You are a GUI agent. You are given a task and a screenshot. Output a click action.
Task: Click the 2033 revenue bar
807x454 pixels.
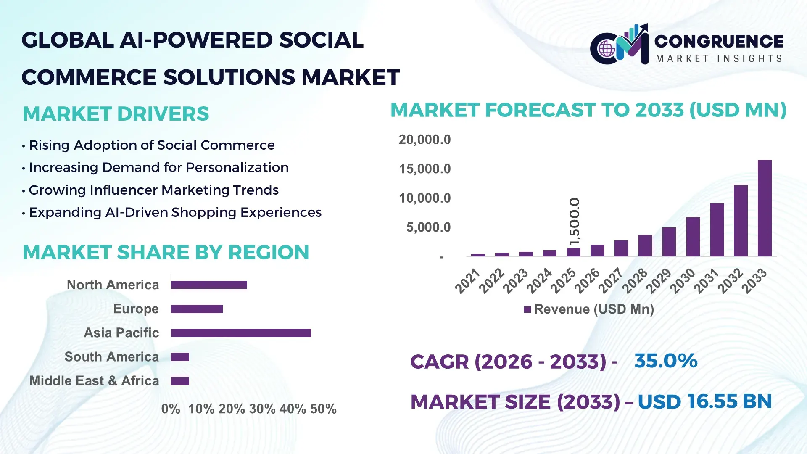pyautogui.click(x=765, y=208)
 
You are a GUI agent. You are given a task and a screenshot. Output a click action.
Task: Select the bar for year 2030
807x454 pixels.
pyautogui.click(x=693, y=237)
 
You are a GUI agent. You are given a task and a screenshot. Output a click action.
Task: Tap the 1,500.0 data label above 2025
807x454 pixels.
pyautogui.click(x=574, y=222)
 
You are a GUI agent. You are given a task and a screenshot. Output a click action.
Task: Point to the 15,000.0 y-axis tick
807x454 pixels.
pyautogui.click(x=425, y=169)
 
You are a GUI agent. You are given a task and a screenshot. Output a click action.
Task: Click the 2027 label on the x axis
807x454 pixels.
pyautogui.click(x=610, y=281)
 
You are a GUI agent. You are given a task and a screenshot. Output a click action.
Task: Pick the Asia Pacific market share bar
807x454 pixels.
pyautogui.click(x=241, y=333)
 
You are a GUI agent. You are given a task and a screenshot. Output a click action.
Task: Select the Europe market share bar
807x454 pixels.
pyautogui.click(x=197, y=309)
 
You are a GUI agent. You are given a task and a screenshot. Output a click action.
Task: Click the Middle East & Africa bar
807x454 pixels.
pyautogui.click(x=180, y=381)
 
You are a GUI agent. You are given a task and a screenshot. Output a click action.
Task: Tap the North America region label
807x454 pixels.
pyautogui.click(x=113, y=285)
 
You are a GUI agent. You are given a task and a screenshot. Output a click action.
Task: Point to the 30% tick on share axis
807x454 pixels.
pyautogui.click(x=262, y=409)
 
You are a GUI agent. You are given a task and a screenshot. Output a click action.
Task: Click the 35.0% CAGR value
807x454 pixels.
pyautogui.click(x=666, y=361)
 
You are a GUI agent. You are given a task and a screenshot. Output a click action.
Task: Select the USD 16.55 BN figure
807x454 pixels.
pyautogui.click(x=705, y=401)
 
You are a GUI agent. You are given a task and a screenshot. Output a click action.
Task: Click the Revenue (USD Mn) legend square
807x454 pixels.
pyautogui.click(x=527, y=310)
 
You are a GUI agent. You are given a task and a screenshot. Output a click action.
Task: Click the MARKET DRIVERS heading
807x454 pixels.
pyautogui.click(x=116, y=114)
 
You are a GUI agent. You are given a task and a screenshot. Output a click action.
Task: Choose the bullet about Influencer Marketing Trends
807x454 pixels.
pyautogui.click(x=153, y=190)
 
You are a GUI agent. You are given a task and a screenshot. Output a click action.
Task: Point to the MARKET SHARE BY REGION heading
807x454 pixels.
pyautogui.click(x=166, y=253)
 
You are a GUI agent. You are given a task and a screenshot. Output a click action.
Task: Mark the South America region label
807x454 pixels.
pyautogui.click(x=111, y=357)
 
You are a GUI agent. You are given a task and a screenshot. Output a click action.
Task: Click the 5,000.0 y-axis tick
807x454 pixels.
pyautogui.click(x=428, y=227)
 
